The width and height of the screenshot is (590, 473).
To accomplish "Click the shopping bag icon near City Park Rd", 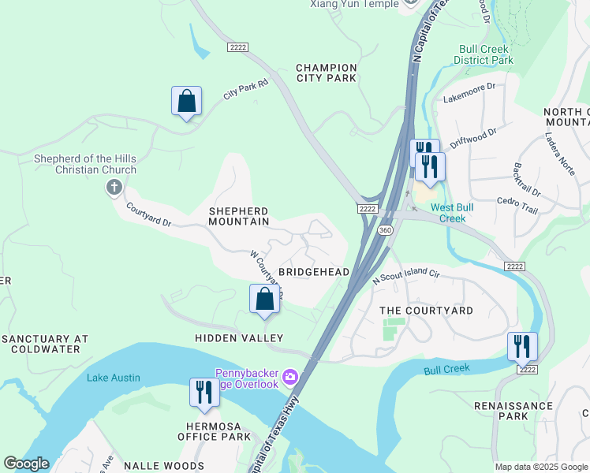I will click(x=186, y=102).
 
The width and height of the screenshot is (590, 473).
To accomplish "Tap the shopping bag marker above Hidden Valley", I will click(x=264, y=300).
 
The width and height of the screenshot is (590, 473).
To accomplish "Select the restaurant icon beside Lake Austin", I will click(x=204, y=393).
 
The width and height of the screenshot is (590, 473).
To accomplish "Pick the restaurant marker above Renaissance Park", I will click(x=522, y=347).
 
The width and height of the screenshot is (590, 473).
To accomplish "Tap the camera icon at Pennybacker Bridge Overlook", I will click(x=290, y=378).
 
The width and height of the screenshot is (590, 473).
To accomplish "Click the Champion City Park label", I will click(x=327, y=73).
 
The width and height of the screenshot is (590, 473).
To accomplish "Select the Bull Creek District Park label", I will click(x=486, y=54).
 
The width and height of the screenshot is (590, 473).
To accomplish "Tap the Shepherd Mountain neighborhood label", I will click(x=238, y=217).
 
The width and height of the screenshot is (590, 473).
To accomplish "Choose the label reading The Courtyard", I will click(x=426, y=311).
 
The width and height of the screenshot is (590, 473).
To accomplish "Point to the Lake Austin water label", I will click(x=114, y=378).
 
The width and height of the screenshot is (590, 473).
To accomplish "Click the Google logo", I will click(x=26, y=464).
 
